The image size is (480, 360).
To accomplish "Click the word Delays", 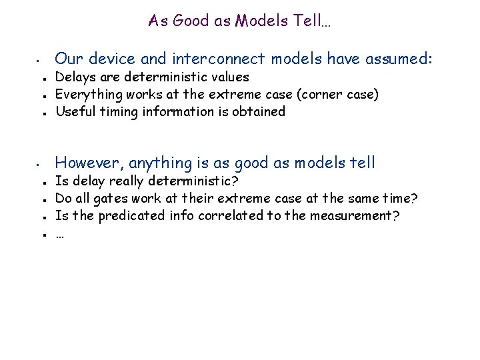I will click(x=74, y=78).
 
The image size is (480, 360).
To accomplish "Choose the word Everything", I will click(x=85, y=95).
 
